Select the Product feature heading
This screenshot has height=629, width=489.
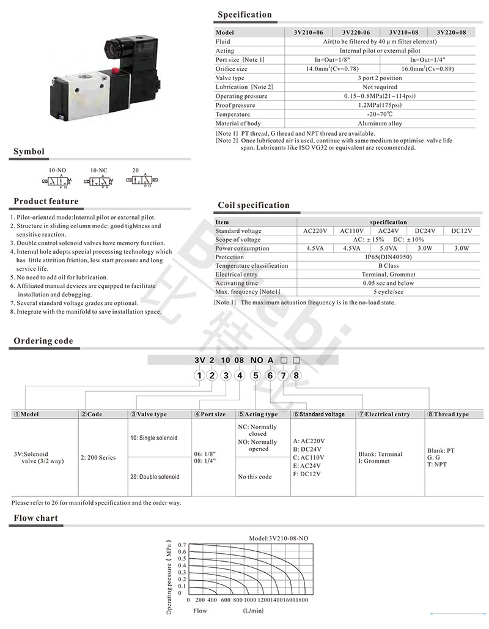pyautogui.click(x=46, y=201)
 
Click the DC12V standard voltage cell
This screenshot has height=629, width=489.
pyautogui.click(x=461, y=231)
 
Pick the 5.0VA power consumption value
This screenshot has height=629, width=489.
pyautogui.click(x=388, y=248)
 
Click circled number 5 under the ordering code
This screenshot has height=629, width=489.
pyautogui.click(x=256, y=375)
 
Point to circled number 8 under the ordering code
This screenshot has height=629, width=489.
pyautogui.click(x=296, y=375)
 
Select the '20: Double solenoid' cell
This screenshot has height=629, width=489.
pyautogui.click(x=155, y=476)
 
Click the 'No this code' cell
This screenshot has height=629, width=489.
pyautogui.click(x=255, y=476)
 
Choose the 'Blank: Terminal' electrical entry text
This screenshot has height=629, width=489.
pyautogui.click(x=380, y=454)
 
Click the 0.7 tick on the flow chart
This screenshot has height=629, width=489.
pyautogui.click(x=182, y=545)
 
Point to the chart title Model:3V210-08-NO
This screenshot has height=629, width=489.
pyautogui.click(x=279, y=538)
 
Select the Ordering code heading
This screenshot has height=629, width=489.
pyautogui.click(x=43, y=341)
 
